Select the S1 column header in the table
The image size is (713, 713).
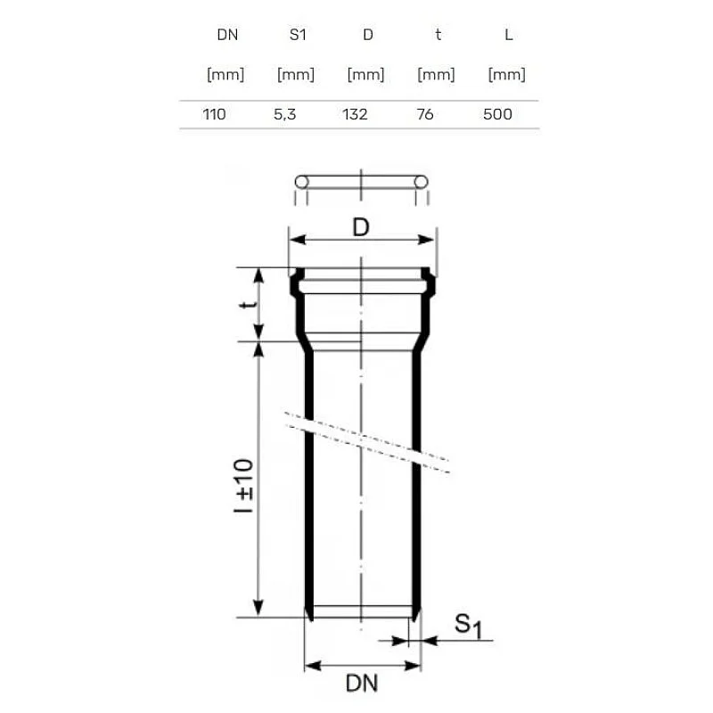pos(296,36)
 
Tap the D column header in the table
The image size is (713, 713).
pos(366,36)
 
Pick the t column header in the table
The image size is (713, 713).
pos(437,36)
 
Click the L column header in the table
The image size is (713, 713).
pos(507,36)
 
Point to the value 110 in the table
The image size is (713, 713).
pos(216,114)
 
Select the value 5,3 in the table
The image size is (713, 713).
pos(285,114)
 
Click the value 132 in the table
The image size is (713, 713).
pos(355,114)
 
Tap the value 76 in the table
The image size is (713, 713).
pos(425,114)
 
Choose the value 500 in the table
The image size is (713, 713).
pos(497,114)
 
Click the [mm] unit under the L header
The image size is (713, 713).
pos(507,75)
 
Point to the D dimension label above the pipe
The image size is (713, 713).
pos(360,227)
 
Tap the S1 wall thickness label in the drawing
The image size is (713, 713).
pos(467,625)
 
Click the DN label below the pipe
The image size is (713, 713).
pos(363,684)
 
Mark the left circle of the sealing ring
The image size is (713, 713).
pos(301,182)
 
